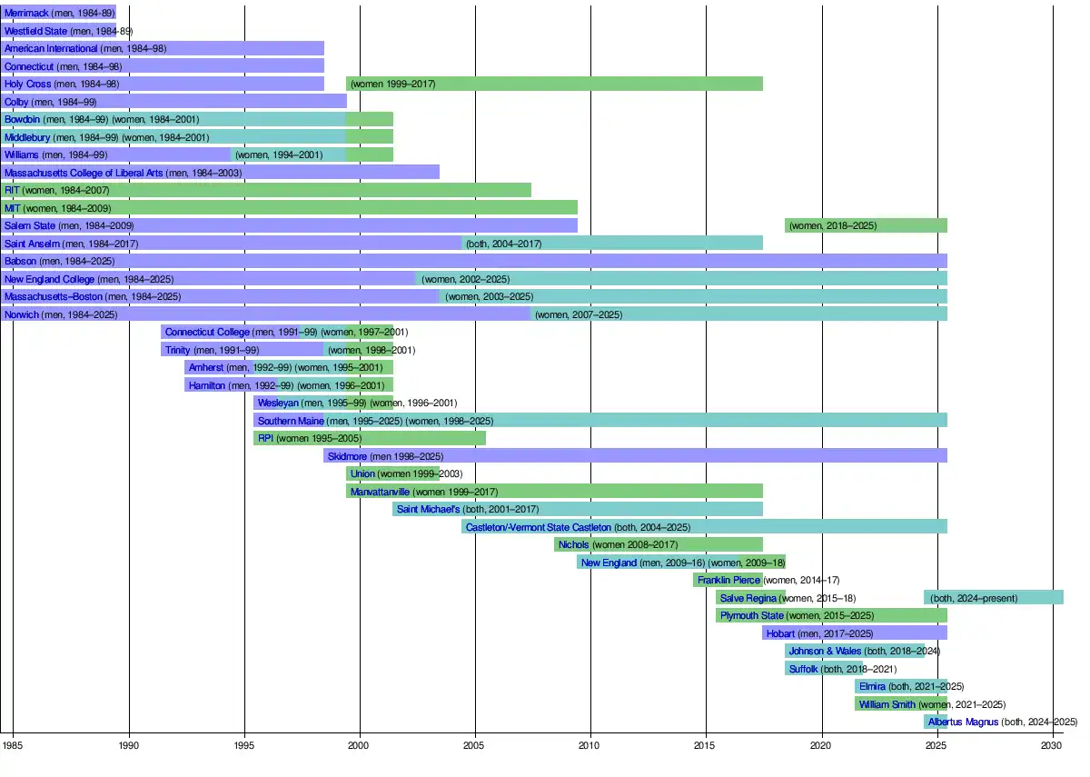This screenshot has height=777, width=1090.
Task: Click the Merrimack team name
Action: (x=26, y=14)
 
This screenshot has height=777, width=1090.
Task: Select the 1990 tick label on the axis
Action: (x=129, y=745)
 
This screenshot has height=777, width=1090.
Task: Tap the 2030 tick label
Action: (x=1052, y=745)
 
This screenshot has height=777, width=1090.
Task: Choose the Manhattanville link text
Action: (x=380, y=492)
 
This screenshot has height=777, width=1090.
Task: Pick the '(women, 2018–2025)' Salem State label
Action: (x=833, y=225)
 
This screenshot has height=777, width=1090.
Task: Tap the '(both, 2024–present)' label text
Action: (x=973, y=598)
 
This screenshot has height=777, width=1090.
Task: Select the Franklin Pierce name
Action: (x=728, y=580)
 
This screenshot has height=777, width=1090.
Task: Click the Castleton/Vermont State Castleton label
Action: (x=538, y=527)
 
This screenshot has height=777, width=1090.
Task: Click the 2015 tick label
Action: (x=706, y=745)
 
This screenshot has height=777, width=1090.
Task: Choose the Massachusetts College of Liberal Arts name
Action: (x=84, y=173)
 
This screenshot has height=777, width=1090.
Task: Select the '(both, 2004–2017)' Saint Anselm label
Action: (x=503, y=244)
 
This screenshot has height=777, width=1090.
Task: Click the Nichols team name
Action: (x=574, y=544)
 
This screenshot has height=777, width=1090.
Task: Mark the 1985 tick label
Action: (x=13, y=745)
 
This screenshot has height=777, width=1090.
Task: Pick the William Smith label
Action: (x=887, y=704)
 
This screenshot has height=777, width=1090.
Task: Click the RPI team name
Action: (x=265, y=438)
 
